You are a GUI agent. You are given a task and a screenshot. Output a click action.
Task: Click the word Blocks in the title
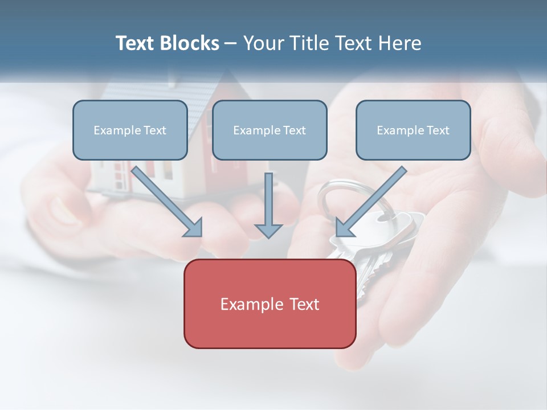point(190,43)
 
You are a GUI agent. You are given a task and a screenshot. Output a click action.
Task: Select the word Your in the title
point(263,43)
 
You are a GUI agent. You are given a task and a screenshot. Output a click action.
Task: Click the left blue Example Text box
point(130,130)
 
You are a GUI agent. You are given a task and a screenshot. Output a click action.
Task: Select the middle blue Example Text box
point(270,130)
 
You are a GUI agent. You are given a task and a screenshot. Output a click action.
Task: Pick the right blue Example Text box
point(413,130)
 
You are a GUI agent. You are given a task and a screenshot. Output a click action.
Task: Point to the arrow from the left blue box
point(165,199)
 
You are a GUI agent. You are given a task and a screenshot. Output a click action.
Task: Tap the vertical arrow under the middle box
point(268,199)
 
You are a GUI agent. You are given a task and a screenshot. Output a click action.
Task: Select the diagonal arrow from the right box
point(373,199)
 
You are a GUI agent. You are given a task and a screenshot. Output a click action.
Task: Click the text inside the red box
point(270,304)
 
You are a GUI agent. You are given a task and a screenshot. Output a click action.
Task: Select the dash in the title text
point(231,44)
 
